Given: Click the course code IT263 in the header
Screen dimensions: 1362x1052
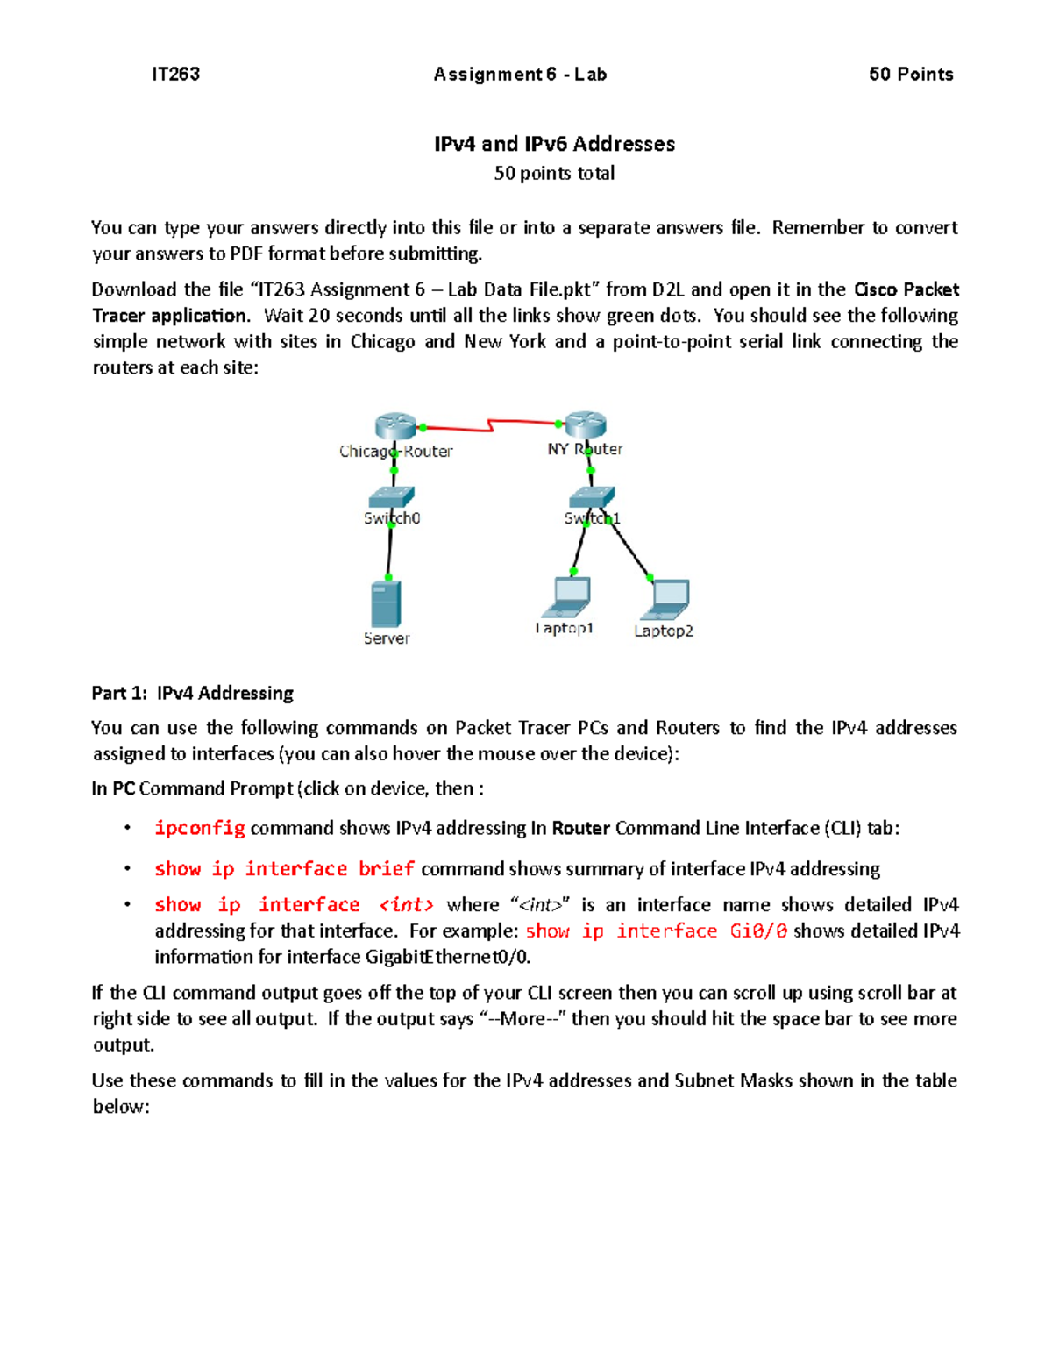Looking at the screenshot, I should (175, 75).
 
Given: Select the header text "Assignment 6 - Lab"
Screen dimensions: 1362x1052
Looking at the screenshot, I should (520, 75).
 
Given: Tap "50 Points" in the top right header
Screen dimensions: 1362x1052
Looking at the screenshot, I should (911, 75).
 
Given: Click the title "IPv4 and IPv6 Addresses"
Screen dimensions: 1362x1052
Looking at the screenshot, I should (554, 144).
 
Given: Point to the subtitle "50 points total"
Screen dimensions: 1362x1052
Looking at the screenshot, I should (554, 174).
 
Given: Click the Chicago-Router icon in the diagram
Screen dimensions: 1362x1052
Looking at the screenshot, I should (394, 426).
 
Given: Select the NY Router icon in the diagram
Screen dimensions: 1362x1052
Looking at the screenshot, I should (586, 424).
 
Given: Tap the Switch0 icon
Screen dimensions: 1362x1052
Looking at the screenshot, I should (391, 497).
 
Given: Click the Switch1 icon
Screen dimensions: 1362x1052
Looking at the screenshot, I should (592, 497).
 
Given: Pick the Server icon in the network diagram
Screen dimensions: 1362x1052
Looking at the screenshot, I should (387, 603).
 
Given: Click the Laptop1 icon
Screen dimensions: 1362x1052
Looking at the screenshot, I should (567, 597).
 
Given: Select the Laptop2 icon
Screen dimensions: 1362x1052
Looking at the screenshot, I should (666, 600).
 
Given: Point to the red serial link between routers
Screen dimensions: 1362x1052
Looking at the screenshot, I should (491, 426).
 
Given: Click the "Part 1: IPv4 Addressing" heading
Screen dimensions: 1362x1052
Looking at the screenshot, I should (192, 694).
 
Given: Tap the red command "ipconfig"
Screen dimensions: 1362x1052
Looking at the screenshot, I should (200, 829).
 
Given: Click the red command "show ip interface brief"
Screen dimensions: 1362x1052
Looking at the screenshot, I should (284, 869).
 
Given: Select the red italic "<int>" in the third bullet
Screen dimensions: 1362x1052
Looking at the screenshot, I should (406, 905).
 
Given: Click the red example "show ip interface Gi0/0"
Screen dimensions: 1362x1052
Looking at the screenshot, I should (656, 931).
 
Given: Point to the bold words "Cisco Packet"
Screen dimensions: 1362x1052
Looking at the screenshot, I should (906, 290).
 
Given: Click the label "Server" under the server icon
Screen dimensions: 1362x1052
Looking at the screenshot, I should (387, 638).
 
